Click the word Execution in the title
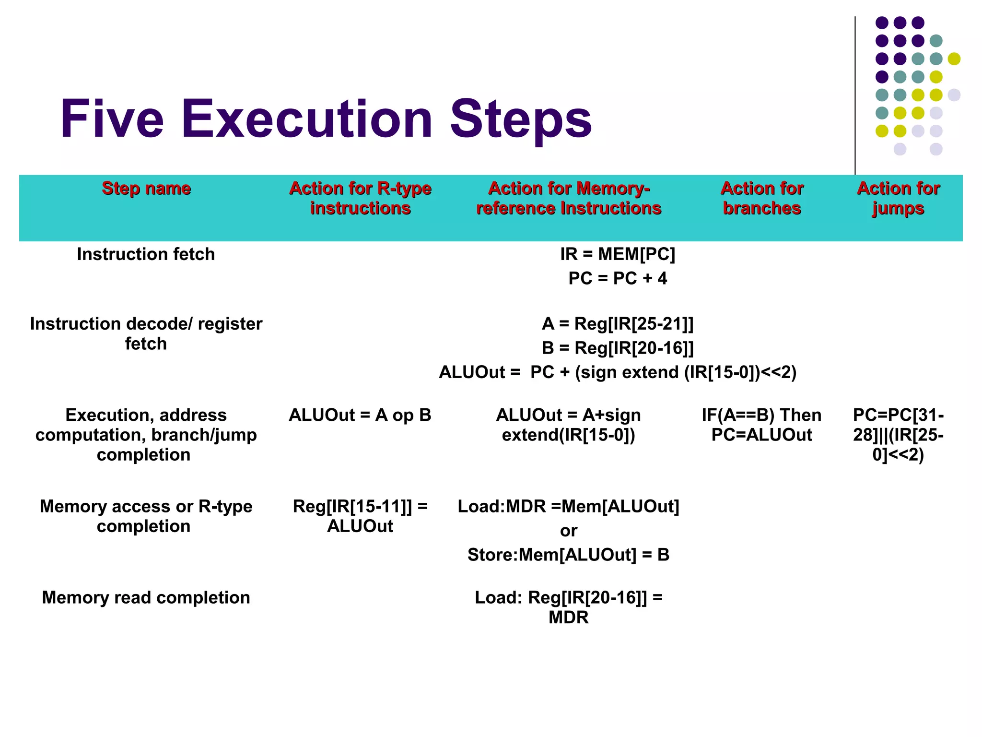[307, 119]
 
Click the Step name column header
[146, 188]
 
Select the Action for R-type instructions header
[360, 198]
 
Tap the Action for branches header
[761, 198]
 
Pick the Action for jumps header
[898, 198]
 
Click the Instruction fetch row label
[146, 254]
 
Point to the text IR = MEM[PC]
[617, 254]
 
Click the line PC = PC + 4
[617, 278]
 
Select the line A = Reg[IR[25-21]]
[617, 324]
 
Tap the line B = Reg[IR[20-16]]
[617, 348]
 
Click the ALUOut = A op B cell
[360, 415]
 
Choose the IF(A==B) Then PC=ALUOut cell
[761, 425]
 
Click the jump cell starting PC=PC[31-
[898, 434]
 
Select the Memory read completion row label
[146, 597]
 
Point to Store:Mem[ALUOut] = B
[568, 555]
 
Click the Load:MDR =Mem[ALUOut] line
[568, 506]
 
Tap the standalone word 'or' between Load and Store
[568, 531]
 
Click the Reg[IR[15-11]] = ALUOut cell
[360, 516]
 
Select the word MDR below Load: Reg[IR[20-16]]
[568, 618]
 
